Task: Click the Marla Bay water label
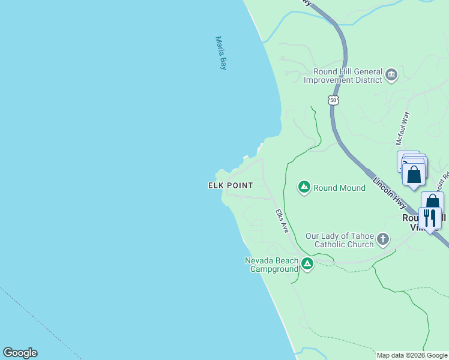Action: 221,53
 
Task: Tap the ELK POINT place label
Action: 231,185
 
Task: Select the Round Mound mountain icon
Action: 304,188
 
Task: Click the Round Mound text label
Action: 339,188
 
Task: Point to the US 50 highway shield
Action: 334,100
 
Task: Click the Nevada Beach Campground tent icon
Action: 307,263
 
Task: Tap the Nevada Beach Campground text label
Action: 271,265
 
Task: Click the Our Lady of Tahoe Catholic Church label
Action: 340,240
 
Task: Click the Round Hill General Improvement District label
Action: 343,74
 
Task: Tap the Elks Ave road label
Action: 282,221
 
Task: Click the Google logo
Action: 20,353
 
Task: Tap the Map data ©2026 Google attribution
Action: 412,355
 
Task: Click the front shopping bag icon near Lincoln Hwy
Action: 414,175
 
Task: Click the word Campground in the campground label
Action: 274,269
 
